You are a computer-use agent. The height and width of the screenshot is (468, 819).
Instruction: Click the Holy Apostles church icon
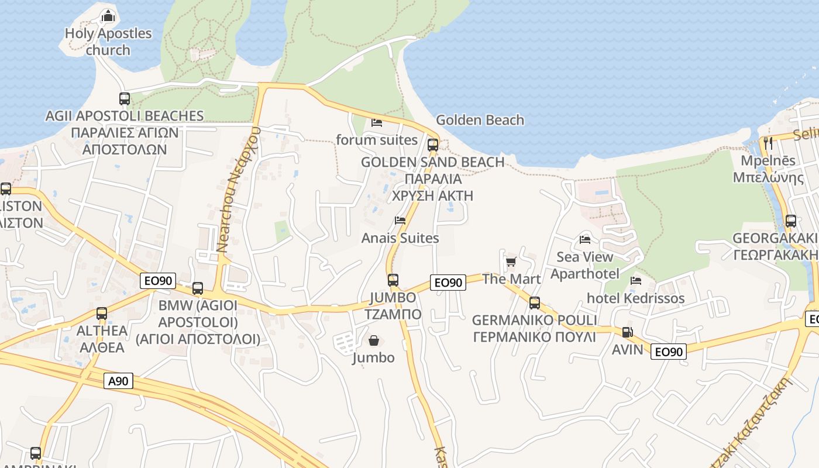(108, 16)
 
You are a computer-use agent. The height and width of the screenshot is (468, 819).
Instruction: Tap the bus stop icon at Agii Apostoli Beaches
(125, 98)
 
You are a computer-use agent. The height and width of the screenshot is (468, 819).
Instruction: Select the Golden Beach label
(480, 120)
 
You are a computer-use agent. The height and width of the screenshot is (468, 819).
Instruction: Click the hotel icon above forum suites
(377, 123)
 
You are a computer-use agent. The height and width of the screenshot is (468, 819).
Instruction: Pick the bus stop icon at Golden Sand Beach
(433, 144)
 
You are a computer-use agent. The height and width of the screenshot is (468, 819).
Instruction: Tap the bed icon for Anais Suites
(400, 221)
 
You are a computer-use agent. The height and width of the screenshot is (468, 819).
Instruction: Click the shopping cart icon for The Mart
(511, 261)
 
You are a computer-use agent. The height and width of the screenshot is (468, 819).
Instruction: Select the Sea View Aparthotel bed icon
(584, 239)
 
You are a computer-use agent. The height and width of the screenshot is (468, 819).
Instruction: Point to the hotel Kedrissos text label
(635, 298)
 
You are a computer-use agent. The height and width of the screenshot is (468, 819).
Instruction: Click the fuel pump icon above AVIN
(627, 332)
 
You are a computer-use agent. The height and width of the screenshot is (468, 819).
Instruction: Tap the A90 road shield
(119, 381)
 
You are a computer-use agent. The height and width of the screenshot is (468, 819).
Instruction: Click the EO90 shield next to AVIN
(669, 352)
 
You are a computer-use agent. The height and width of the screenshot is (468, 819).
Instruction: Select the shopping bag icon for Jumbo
(373, 340)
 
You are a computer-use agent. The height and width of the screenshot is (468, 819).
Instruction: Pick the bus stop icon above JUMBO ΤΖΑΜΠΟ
(393, 280)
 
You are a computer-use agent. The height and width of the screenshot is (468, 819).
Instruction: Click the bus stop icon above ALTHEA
(102, 314)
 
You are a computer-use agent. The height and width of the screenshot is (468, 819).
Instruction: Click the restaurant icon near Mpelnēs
(768, 143)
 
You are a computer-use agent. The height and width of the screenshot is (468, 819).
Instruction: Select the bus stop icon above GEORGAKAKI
(791, 221)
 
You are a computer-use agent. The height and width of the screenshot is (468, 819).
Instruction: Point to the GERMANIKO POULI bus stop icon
(535, 302)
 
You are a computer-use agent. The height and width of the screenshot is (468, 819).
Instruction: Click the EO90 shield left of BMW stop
(158, 281)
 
